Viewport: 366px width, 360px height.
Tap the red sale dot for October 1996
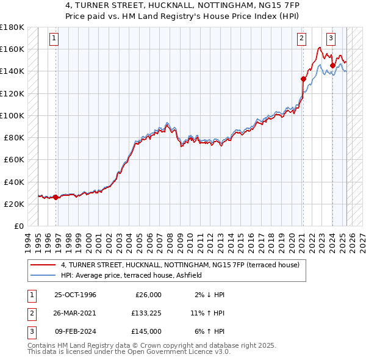point(56,197)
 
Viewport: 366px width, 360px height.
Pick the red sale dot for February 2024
point(332,65)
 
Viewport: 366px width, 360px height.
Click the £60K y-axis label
point(14,159)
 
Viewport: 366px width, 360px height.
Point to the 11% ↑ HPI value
point(208,313)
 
